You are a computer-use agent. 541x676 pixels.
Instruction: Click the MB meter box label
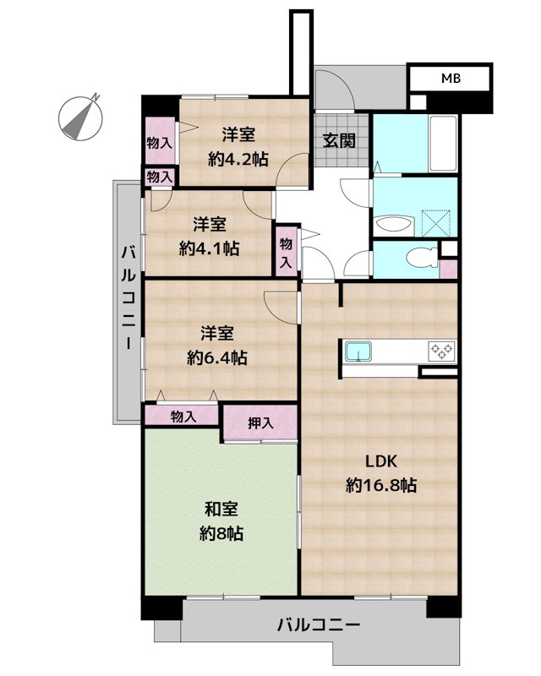[x=451, y=78]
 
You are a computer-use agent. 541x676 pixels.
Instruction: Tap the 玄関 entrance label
[x=339, y=140]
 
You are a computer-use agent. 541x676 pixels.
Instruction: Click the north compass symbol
[x=80, y=117]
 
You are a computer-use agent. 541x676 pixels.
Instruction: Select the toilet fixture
[x=422, y=258]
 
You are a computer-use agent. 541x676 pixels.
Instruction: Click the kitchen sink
[x=358, y=352]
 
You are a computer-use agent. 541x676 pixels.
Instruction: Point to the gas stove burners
[x=441, y=351]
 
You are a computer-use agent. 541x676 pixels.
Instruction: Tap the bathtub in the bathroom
[x=443, y=144]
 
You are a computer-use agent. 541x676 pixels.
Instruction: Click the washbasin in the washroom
[x=394, y=225]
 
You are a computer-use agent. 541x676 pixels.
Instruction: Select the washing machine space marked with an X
[x=435, y=222]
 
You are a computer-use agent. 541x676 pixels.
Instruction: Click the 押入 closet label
[x=260, y=423]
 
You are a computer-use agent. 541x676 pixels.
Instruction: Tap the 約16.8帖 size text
[x=381, y=486]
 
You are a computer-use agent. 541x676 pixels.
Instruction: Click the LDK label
[x=381, y=461]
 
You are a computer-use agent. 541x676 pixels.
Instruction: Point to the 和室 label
[x=221, y=510]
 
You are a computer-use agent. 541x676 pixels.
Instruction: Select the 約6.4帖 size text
[x=217, y=357]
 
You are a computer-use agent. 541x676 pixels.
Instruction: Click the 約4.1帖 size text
[x=210, y=248]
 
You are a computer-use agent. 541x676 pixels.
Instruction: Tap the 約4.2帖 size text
[x=238, y=159]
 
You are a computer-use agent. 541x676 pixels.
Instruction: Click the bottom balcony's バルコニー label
[x=319, y=624]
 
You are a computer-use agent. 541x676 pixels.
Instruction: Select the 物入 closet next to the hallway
[x=286, y=251]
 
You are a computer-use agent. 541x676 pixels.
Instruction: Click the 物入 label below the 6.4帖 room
[x=183, y=417]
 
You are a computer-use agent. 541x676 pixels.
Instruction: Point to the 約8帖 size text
[x=221, y=534]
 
